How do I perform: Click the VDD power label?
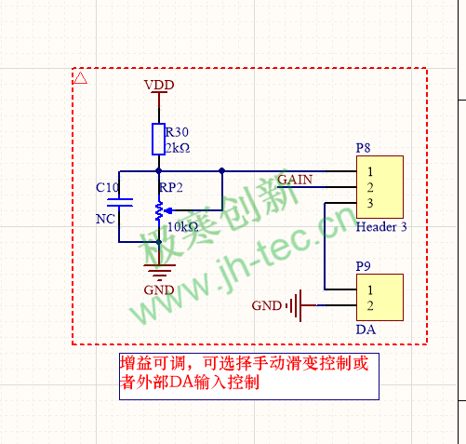pos(159,85)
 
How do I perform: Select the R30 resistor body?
pos(158,139)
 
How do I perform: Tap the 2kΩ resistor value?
pos(178,148)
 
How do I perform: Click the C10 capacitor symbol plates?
pos(120,202)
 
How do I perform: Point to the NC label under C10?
pos(105,219)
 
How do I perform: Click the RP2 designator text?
pos(171,187)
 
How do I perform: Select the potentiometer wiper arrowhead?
pos(168,211)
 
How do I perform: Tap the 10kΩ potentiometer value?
pos(183,227)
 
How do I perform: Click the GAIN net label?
pos(295,180)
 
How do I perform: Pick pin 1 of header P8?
pos(370,171)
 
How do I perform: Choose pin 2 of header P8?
pos(370,187)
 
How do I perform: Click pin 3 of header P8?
pos(370,203)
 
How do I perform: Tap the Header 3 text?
pos(381,227)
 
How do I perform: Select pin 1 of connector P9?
pos(370,289)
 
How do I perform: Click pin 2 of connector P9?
pos(370,305)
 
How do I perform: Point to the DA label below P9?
pos(366,330)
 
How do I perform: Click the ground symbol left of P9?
pos(295,305)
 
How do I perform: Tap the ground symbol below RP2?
pos(159,273)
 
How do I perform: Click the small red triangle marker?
pos(81,78)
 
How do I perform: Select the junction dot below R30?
pos(159,171)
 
